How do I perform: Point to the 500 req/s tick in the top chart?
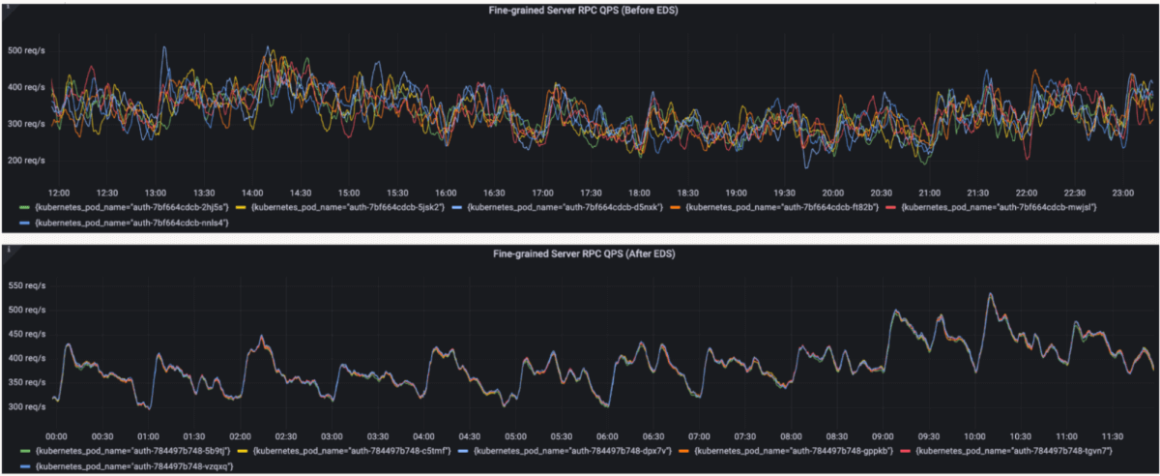coord(26,50)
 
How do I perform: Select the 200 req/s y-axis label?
coord(26,160)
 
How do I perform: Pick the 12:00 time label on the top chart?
coord(60,193)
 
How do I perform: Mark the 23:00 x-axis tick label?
coord(1123,193)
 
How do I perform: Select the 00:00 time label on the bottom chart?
coord(56,436)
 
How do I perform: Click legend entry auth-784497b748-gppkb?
coord(780,452)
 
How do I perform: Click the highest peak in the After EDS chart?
coord(989,294)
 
